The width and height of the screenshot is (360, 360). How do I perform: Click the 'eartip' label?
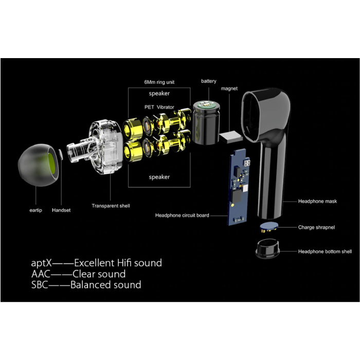tap(36, 210)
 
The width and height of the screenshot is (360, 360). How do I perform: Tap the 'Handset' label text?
tap(61, 210)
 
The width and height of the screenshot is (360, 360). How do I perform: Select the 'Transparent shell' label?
tap(111, 206)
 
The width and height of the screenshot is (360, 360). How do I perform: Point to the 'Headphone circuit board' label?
tap(182, 215)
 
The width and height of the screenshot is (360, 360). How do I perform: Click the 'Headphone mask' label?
tap(317, 202)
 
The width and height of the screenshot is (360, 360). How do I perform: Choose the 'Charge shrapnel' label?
tap(316, 227)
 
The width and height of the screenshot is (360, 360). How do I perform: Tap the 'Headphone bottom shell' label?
tap(325, 251)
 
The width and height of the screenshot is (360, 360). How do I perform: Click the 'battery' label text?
tap(209, 81)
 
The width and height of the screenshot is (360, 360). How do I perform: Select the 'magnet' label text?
tap(229, 88)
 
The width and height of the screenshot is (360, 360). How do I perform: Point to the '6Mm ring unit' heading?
tap(159, 82)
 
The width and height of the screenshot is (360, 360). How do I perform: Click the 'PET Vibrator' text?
tap(159, 107)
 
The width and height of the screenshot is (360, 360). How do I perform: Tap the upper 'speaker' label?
tap(159, 94)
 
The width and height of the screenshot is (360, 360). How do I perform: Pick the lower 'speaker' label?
tap(159, 177)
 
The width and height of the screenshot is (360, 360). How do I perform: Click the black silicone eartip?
tap(38, 165)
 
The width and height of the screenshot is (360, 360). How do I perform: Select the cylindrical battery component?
tap(206, 122)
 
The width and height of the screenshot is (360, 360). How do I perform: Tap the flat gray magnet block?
tap(231, 137)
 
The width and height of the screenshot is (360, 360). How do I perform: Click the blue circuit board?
tap(238, 187)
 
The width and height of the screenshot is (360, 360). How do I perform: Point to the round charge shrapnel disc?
tap(268, 227)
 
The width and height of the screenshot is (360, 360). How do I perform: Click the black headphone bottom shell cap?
tap(268, 248)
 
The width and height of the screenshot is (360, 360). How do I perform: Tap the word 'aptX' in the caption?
tap(41, 263)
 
